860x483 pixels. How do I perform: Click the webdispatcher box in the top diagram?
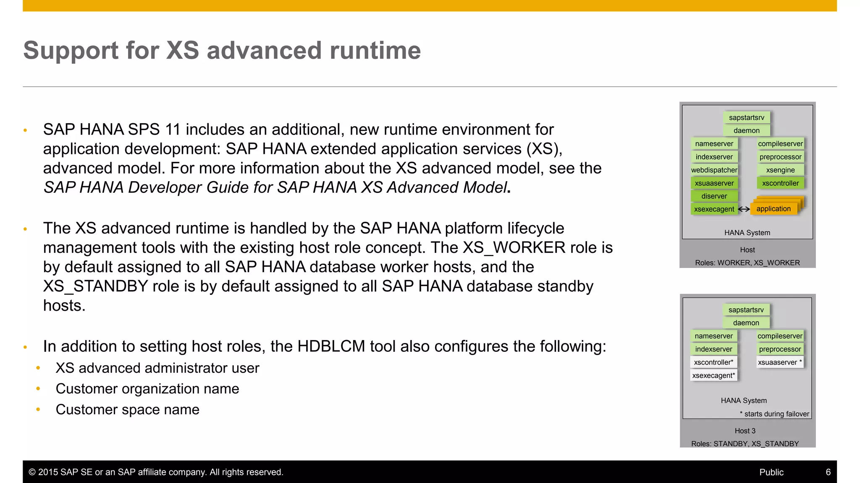(x=714, y=170)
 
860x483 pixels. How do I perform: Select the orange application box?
(x=773, y=209)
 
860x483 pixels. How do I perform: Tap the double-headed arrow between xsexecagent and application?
(x=744, y=209)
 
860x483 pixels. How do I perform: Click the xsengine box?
(x=780, y=170)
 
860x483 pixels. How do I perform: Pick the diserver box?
(x=714, y=196)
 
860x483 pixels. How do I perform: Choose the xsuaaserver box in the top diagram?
(x=714, y=183)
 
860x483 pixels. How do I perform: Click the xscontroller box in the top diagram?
(x=780, y=183)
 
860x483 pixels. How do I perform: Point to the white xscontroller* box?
(x=713, y=362)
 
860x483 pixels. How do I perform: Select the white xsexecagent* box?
(x=713, y=375)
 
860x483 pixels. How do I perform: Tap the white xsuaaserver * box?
(x=780, y=362)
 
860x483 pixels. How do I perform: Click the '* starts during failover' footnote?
(x=774, y=414)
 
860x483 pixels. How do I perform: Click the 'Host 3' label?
(x=745, y=431)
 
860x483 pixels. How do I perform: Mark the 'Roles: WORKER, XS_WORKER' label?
(x=747, y=263)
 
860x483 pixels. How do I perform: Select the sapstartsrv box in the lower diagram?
(x=746, y=310)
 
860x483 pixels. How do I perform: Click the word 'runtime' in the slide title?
(x=375, y=51)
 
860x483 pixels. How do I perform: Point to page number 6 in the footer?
(x=828, y=472)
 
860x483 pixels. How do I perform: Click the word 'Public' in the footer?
(x=771, y=472)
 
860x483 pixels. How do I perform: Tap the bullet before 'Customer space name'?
(x=38, y=410)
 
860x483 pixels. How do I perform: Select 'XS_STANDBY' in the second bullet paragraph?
(x=95, y=286)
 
